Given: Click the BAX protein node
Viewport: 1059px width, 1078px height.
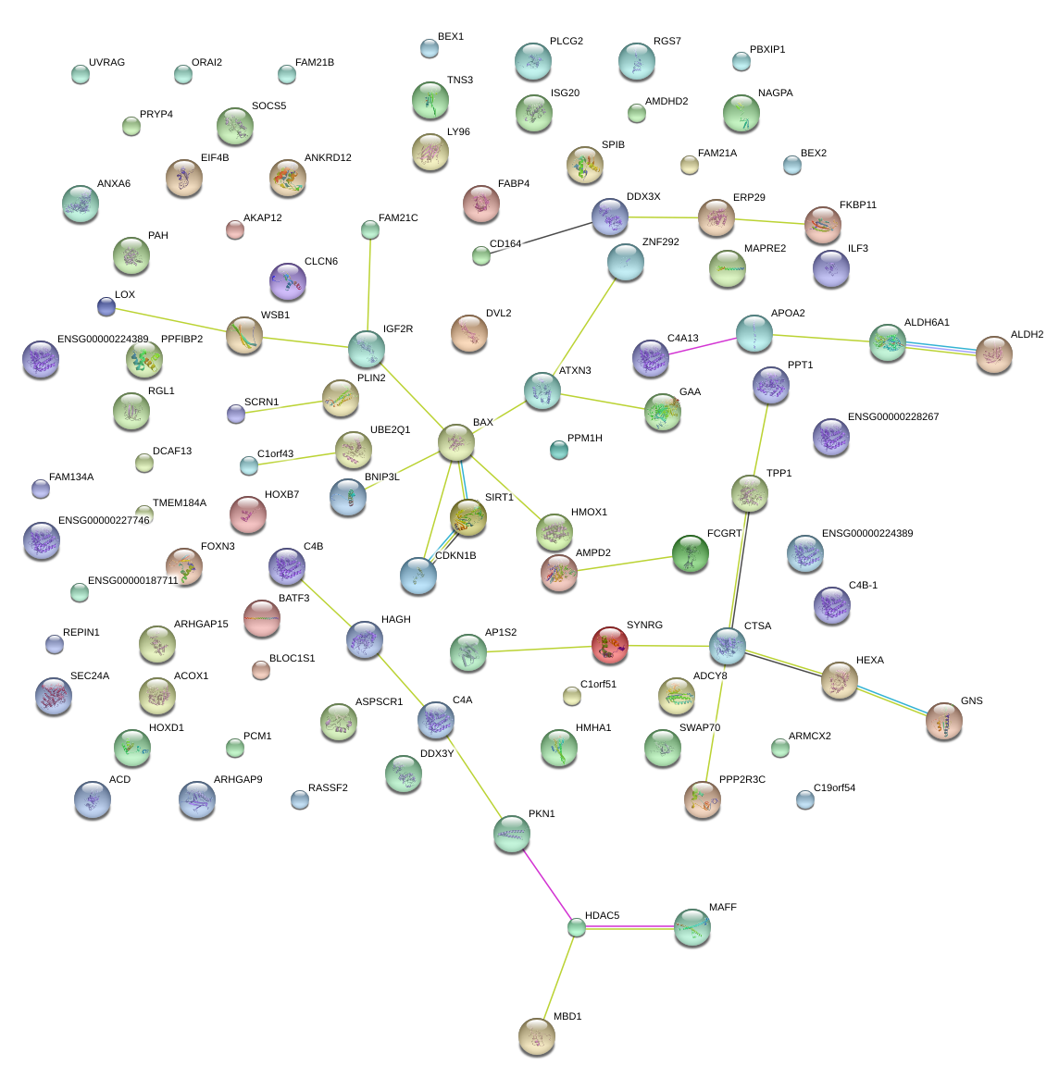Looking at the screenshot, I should click(456, 442).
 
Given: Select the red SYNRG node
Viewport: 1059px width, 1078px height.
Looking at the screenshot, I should click(610, 644).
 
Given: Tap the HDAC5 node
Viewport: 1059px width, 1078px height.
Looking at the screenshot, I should click(577, 926).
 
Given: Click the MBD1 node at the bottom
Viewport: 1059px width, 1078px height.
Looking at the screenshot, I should click(536, 1036).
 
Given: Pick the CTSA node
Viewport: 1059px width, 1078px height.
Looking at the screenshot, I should click(728, 646).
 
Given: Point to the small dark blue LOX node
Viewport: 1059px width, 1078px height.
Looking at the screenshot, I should click(106, 306).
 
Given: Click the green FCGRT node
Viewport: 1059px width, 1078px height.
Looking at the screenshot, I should click(690, 553).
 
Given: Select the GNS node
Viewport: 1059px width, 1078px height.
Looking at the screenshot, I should click(944, 721).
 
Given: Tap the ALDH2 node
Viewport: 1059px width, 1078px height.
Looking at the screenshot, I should click(994, 354).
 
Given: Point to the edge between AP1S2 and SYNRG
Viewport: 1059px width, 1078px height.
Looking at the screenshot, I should click(540, 649).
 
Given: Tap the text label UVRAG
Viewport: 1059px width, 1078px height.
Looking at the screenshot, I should click(106, 63).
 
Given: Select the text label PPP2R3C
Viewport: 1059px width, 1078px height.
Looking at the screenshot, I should click(742, 780).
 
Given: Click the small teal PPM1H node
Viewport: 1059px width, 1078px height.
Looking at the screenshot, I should click(558, 450).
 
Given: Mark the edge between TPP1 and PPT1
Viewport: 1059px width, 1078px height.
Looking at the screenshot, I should click(760, 440).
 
